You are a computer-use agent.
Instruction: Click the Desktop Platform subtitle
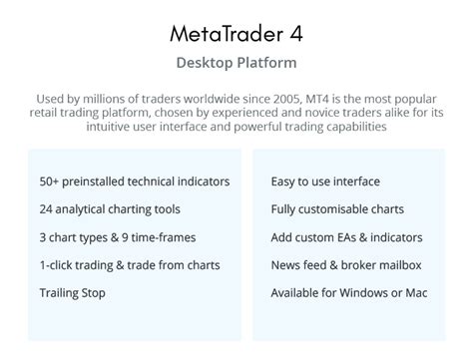[236, 63]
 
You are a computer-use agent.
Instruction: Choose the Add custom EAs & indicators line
[346, 237]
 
